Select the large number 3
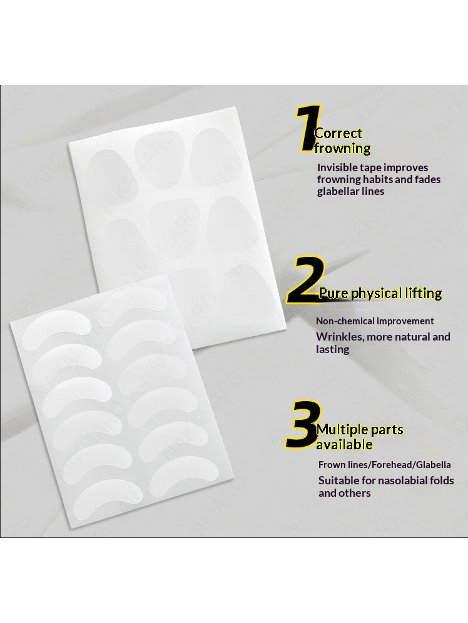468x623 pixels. (303, 423)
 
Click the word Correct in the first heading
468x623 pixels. (338, 134)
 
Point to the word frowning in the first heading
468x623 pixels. (342, 149)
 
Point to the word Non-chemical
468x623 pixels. (345, 321)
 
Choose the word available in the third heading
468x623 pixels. (344, 444)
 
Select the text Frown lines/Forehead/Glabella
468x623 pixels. (384, 464)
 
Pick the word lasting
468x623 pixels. (333, 349)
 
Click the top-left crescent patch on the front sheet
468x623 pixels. (56, 328)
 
